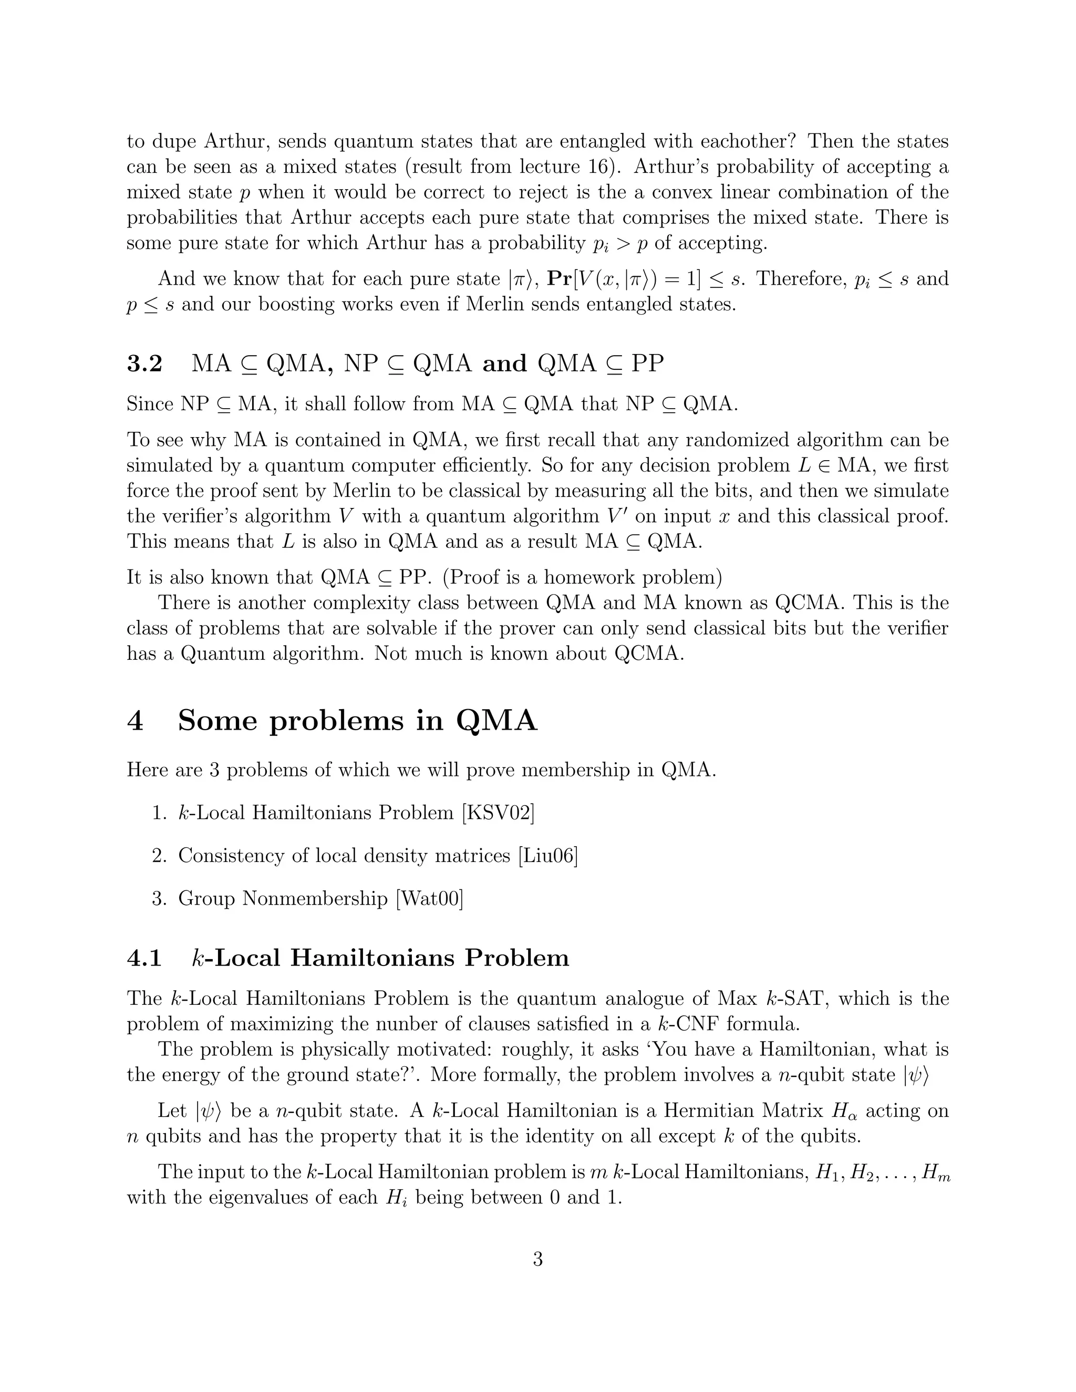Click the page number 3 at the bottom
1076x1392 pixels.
pyautogui.click(x=537, y=1259)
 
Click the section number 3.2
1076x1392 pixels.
pyautogui.click(x=144, y=363)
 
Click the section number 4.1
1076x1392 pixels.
pyautogui.click(x=144, y=957)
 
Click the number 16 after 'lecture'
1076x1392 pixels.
pyautogui.click(x=592, y=167)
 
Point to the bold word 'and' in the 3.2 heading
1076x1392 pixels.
pyautogui.click(x=505, y=363)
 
